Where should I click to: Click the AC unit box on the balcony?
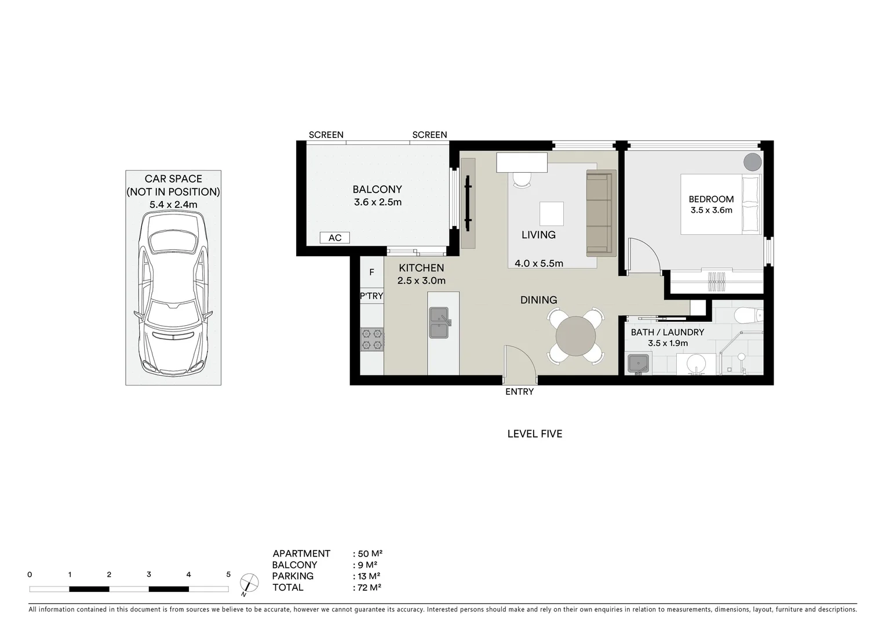[334, 238]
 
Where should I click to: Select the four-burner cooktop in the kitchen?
[372, 339]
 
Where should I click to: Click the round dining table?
[575, 336]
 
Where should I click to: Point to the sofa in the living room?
[600, 213]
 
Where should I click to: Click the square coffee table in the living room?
[551, 213]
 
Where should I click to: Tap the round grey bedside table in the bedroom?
[752, 162]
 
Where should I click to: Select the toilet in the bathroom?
[748, 315]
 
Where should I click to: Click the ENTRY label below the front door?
[519, 392]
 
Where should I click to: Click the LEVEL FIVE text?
[534, 434]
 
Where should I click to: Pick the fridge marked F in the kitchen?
[371, 272]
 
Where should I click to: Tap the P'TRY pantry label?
[371, 296]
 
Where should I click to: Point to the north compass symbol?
[249, 583]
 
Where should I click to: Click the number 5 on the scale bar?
[228, 575]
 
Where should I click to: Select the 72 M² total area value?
[367, 587]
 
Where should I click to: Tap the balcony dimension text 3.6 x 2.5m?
[377, 202]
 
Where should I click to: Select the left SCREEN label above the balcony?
[326, 134]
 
